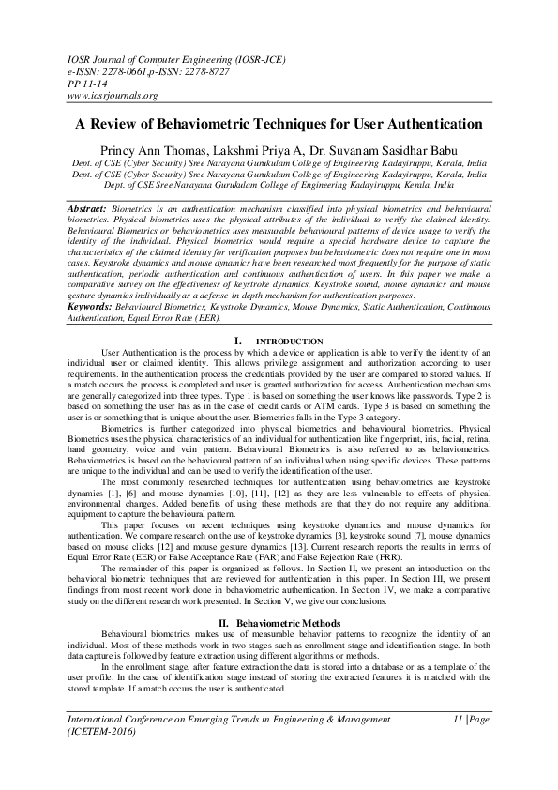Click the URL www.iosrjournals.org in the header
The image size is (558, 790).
tap(112, 95)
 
